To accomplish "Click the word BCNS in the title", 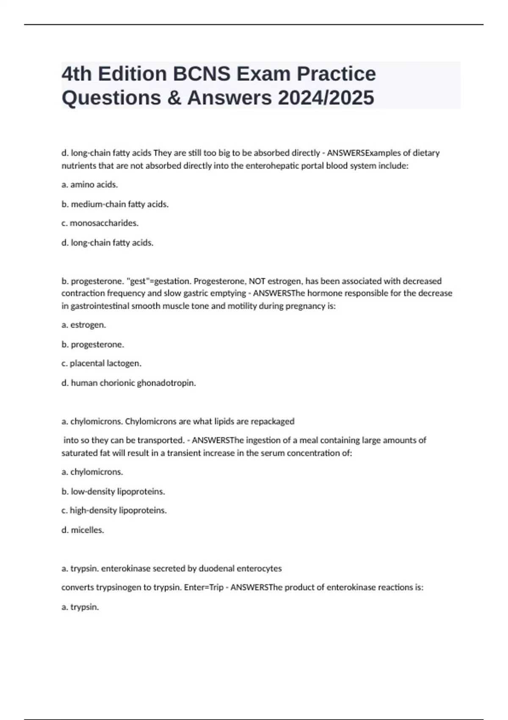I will tap(201, 74).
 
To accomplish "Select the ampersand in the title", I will tap(174, 98).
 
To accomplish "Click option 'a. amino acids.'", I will tap(90, 185).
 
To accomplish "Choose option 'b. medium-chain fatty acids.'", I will tap(115, 204).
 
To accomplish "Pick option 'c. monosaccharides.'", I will tap(100, 223).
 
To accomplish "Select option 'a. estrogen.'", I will tap(84, 325).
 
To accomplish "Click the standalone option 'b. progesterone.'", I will tap(93, 344).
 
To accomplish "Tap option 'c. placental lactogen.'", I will tap(101, 363).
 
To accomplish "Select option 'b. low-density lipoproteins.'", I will tap(113, 491).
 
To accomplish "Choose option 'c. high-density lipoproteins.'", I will tap(114, 510).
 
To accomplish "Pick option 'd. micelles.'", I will tap(83, 530).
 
